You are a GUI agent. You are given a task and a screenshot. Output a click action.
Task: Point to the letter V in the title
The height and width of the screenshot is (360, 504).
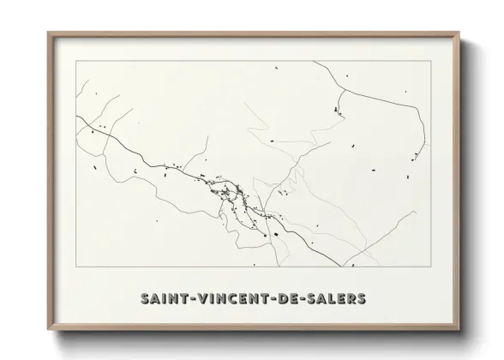(x=197, y=298)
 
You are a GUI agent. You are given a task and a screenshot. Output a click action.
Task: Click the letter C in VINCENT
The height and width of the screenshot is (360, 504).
(x=231, y=298)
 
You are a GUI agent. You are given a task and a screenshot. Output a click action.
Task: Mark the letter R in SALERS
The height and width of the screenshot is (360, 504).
(x=351, y=298)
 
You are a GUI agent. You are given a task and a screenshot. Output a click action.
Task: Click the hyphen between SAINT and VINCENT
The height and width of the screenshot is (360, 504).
(x=188, y=299)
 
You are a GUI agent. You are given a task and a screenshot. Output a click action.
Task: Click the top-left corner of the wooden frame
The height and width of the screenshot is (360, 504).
(x=47, y=33)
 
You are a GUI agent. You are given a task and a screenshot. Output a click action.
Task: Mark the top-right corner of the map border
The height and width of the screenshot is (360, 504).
(x=430, y=63)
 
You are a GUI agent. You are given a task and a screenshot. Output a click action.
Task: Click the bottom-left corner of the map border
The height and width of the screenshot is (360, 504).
(x=76, y=267)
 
